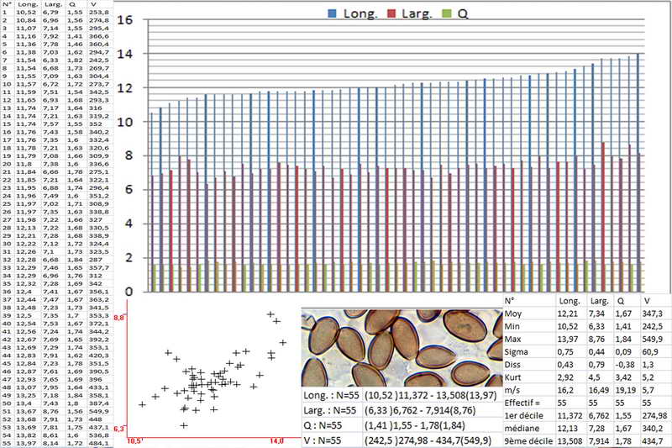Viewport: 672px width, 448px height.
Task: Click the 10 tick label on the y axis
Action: tap(125, 122)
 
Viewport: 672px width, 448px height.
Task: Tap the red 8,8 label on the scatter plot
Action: tap(119, 319)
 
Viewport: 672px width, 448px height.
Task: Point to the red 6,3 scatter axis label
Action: tap(119, 427)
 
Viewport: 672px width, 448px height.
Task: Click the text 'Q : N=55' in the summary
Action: tap(330, 425)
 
